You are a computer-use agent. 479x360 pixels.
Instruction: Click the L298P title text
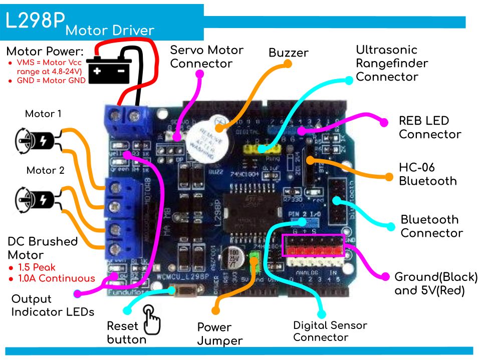(35, 21)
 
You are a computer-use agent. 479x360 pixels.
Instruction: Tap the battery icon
(109, 70)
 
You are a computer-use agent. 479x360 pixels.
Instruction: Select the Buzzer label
(288, 53)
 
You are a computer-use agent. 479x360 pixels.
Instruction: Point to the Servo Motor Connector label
(206, 57)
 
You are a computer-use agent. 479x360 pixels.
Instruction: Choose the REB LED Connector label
(429, 127)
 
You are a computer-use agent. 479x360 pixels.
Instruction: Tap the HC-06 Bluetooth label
(427, 174)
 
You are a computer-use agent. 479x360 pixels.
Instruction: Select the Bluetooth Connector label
(431, 226)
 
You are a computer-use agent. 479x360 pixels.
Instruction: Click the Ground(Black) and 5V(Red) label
(435, 283)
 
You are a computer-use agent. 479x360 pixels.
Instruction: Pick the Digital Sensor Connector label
(330, 331)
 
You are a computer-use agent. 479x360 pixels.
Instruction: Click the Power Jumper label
(219, 334)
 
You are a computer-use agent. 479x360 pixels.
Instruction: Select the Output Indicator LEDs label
(52, 305)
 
